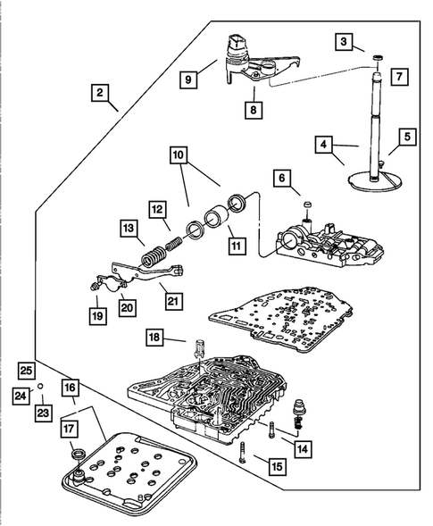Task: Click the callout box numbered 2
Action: pyautogui.click(x=100, y=93)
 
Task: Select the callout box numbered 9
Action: pyautogui.click(x=188, y=79)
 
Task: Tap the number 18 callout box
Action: pyautogui.click(x=154, y=338)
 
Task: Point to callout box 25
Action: pyautogui.click(x=27, y=371)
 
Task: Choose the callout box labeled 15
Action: pyautogui.click(x=278, y=467)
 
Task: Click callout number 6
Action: pyautogui.click(x=282, y=178)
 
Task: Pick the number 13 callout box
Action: pyautogui.click(x=129, y=229)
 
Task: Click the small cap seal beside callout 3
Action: pyautogui.click(x=379, y=58)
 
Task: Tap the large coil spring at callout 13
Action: pyautogui.click(x=153, y=256)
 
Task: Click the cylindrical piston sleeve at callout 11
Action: pyautogui.click(x=217, y=219)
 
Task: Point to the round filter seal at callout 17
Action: pyautogui.click(x=79, y=455)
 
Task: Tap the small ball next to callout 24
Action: pyautogui.click(x=40, y=386)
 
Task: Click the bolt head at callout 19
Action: pyautogui.click(x=94, y=286)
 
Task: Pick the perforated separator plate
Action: pyautogui.click(x=280, y=319)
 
